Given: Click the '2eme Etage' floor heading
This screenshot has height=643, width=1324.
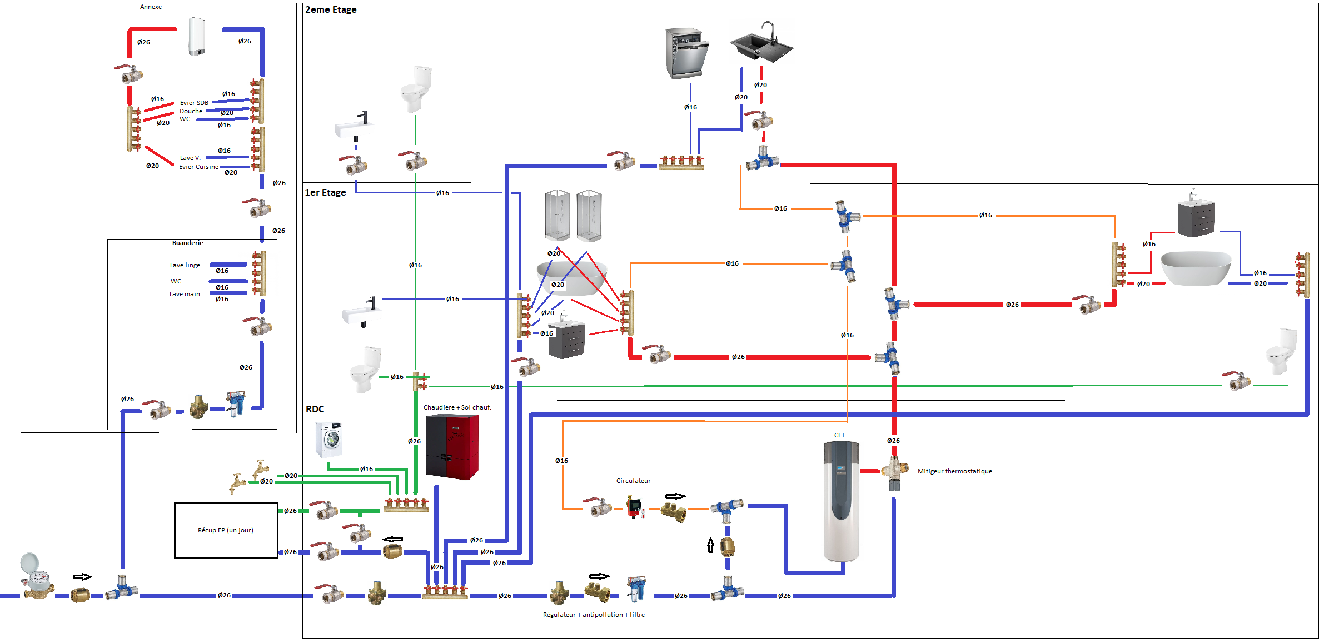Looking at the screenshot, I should pos(331,10).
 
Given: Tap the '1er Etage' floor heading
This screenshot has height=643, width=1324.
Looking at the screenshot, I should pos(325,193).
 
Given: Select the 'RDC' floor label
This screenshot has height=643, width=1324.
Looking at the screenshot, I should pos(315,410).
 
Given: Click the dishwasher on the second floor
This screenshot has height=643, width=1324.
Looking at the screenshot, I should pos(686,53).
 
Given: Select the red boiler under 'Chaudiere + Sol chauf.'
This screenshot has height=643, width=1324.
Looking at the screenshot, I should pos(452,447).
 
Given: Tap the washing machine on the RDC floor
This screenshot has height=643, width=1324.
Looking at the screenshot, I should pos(328,440).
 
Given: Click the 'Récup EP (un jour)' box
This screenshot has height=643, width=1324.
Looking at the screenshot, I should pos(226,530).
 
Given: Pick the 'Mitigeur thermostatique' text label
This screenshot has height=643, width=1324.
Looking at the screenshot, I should pos(954,472).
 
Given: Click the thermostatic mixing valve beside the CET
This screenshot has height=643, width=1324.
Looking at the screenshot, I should pos(894,473).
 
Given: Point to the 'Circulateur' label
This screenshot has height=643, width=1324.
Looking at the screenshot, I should pos(633,481).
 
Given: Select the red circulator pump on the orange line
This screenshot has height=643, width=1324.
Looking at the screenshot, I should pos(634,507).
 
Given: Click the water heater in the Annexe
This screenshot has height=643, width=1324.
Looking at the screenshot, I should pos(197,36).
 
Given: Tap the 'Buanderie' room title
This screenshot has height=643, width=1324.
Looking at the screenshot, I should pos(187,243).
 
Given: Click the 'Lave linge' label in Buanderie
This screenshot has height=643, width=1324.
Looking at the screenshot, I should pos(185,266).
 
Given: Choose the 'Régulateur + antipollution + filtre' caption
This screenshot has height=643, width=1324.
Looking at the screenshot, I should pos(594,615).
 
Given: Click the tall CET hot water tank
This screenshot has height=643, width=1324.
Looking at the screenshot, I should pos(841,500).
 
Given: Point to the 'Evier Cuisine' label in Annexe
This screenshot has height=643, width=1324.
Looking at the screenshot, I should pos(199,167).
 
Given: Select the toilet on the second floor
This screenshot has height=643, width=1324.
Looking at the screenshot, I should pos(416,89).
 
